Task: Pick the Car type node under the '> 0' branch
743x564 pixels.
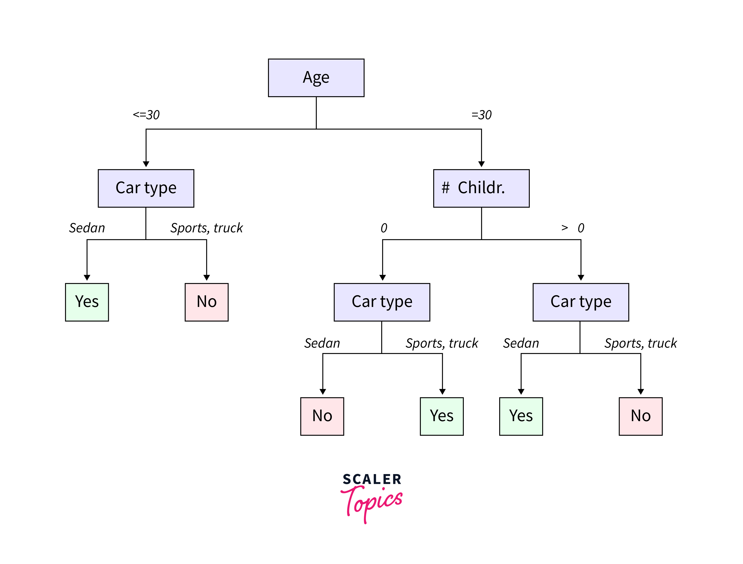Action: [x=580, y=302]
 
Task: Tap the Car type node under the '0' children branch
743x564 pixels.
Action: [x=382, y=302]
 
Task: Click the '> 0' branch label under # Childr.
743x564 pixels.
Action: [x=573, y=228]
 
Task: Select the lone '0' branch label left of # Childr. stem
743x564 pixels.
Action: [x=384, y=228]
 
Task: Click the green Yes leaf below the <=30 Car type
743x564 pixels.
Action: [x=87, y=302]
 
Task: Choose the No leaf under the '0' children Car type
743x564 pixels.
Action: [x=322, y=416]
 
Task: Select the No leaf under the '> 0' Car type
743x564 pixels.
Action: [x=640, y=416]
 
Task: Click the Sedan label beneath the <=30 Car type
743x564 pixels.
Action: [x=87, y=228]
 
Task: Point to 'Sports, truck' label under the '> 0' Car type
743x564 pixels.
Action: [x=640, y=343]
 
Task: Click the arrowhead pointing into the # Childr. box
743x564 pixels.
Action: [x=481, y=164]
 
